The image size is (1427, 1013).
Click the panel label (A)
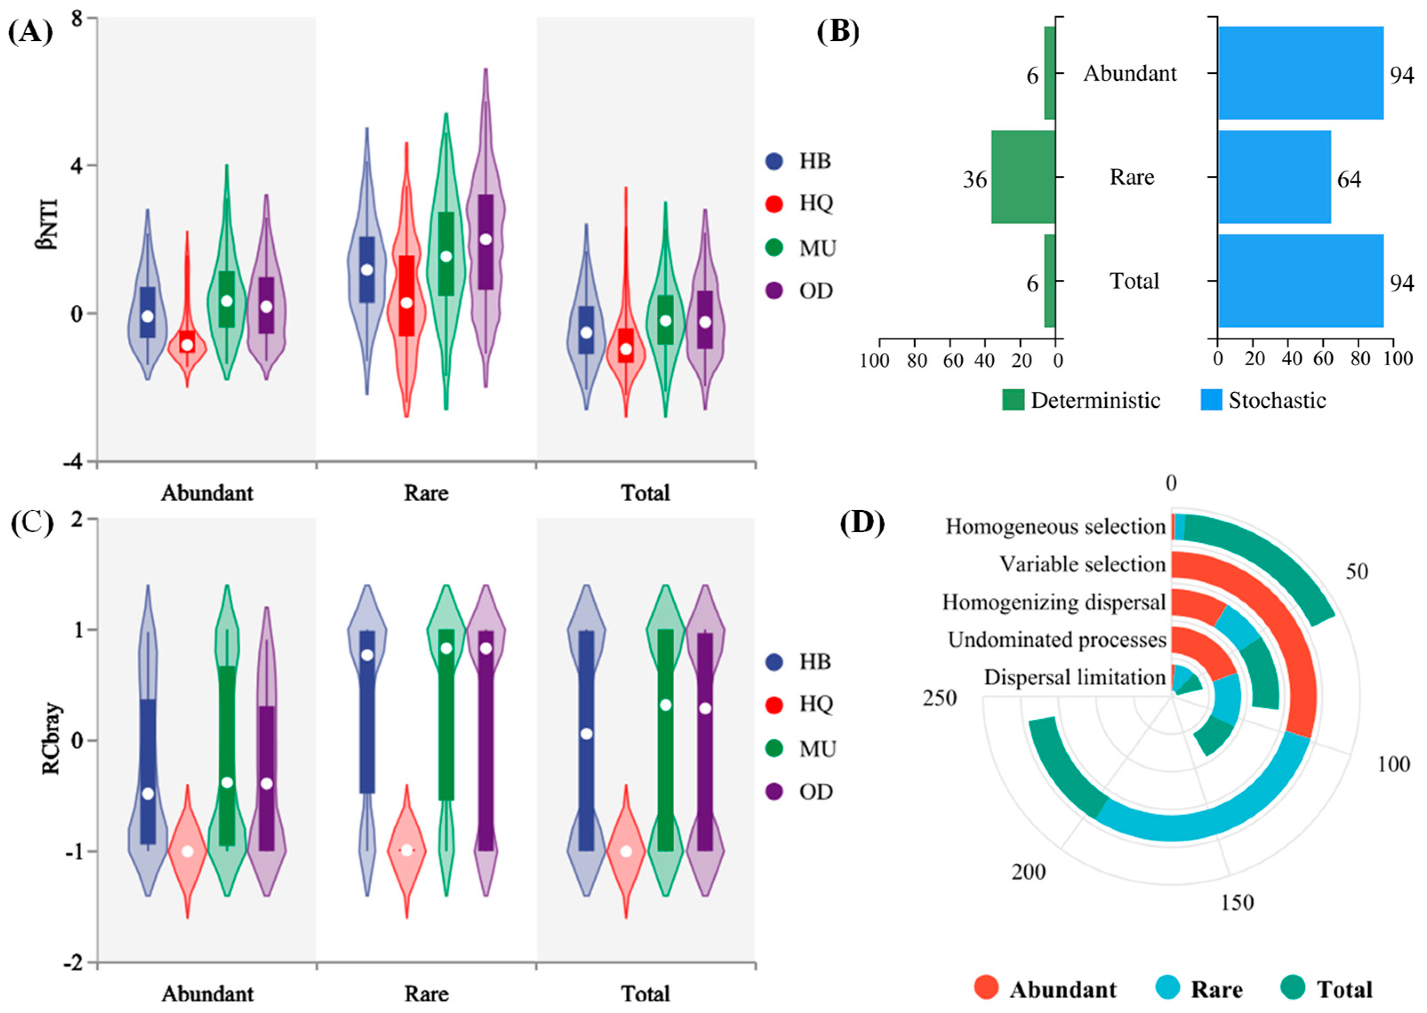point(30,31)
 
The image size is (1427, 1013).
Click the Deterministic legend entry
point(1083,400)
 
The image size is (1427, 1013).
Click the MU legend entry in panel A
point(801,248)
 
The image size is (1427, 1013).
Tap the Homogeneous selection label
point(1055,527)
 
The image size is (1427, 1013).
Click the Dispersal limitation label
point(1075,678)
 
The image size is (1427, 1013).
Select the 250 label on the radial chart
point(939,698)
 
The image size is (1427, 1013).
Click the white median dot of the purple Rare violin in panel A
point(485,239)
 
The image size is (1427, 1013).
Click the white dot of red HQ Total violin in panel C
point(626,851)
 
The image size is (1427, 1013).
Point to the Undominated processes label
point(1056,640)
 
